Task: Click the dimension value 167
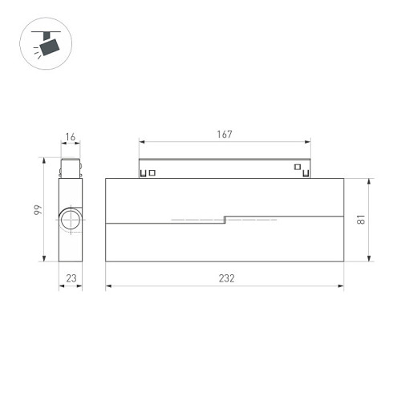pyautogui.click(x=225, y=135)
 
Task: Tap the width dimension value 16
pyautogui.click(x=71, y=138)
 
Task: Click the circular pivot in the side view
pyautogui.click(x=70, y=221)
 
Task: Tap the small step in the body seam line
pyautogui.click(x=225, y=217)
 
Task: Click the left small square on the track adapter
pyautogui.click(x=144, y=171)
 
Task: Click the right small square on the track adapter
pyautogui.click(x=297, y=168)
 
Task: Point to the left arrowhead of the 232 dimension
pyautogui.click(x=108, y=285)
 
